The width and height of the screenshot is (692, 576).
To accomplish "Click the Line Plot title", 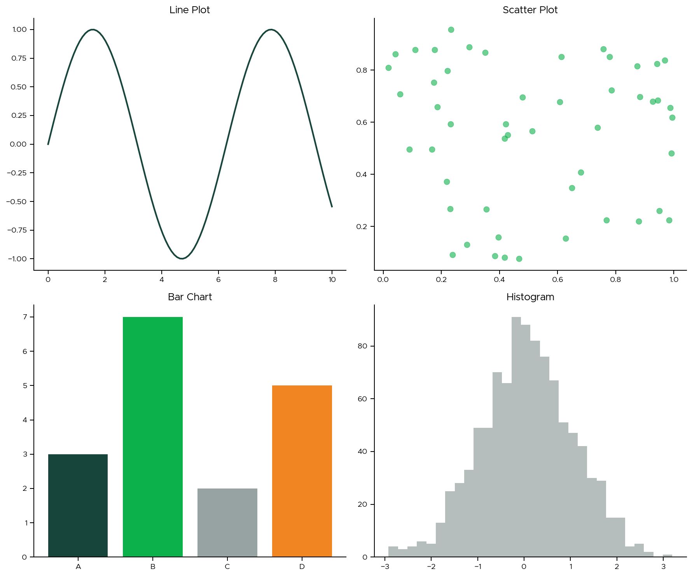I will pos(189,10).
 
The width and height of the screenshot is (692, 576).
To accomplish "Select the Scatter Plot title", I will pos(530,10).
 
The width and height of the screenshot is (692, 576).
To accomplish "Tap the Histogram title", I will pos(530,297).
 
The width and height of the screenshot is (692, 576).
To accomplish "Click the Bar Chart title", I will pos(190,297).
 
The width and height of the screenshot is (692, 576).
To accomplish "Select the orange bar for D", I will pos(302,471).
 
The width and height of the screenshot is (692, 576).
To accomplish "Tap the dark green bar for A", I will pos(78,505).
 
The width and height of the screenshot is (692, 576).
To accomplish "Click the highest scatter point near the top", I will pos(451,30).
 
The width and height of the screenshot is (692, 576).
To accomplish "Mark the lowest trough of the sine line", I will pos(182,258).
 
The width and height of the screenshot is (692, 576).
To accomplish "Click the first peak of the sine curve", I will pos(93,30).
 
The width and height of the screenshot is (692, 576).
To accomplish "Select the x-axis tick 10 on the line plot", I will pos(332,279).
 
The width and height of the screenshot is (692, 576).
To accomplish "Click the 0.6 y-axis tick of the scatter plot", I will pos(362,123).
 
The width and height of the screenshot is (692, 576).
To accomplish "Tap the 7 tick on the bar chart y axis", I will pos(25,317).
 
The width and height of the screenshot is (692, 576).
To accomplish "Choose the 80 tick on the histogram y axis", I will pos(362,346).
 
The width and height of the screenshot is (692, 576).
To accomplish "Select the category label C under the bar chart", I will pos(227,567).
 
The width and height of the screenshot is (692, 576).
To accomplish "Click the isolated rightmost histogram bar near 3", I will pos(667,556).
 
